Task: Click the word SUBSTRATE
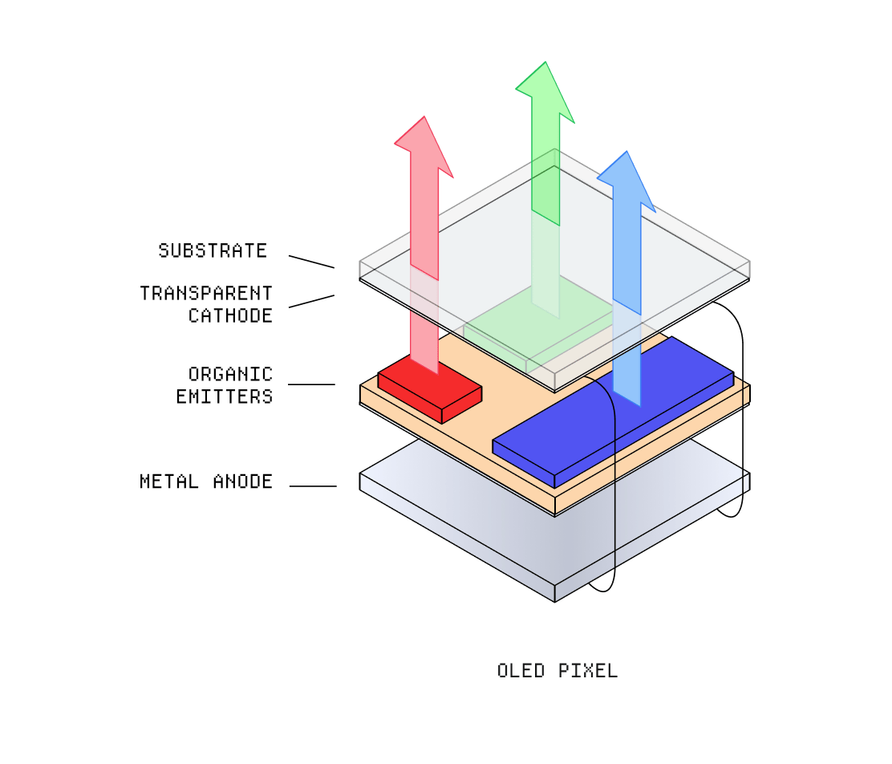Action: click(x=213, y=250)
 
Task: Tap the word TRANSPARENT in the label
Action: click(x=206, y=293)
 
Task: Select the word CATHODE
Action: click(x=230, y=315)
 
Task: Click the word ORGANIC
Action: click(x=230, y=374)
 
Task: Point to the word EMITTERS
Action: click(x=225, y=396)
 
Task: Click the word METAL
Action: click(x=169, y=482)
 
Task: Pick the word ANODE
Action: click(x=243, y=482)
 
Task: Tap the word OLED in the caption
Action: click(x=521, y=671)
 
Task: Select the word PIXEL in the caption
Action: click(x=588, y=671)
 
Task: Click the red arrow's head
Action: click(x=424, y=147)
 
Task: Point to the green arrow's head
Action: click(x=545, y=92)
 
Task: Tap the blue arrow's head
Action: click(x=627, y=181)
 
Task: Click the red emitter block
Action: click(x=430, y=389)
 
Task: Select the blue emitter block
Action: click(x=613, y=412)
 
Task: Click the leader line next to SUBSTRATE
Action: click(x=312, y=262)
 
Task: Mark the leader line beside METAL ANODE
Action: click(x=313, y=486)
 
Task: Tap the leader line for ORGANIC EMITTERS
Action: click(x=312, y=384)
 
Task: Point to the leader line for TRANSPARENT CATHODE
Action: click(x=312, y=301)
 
